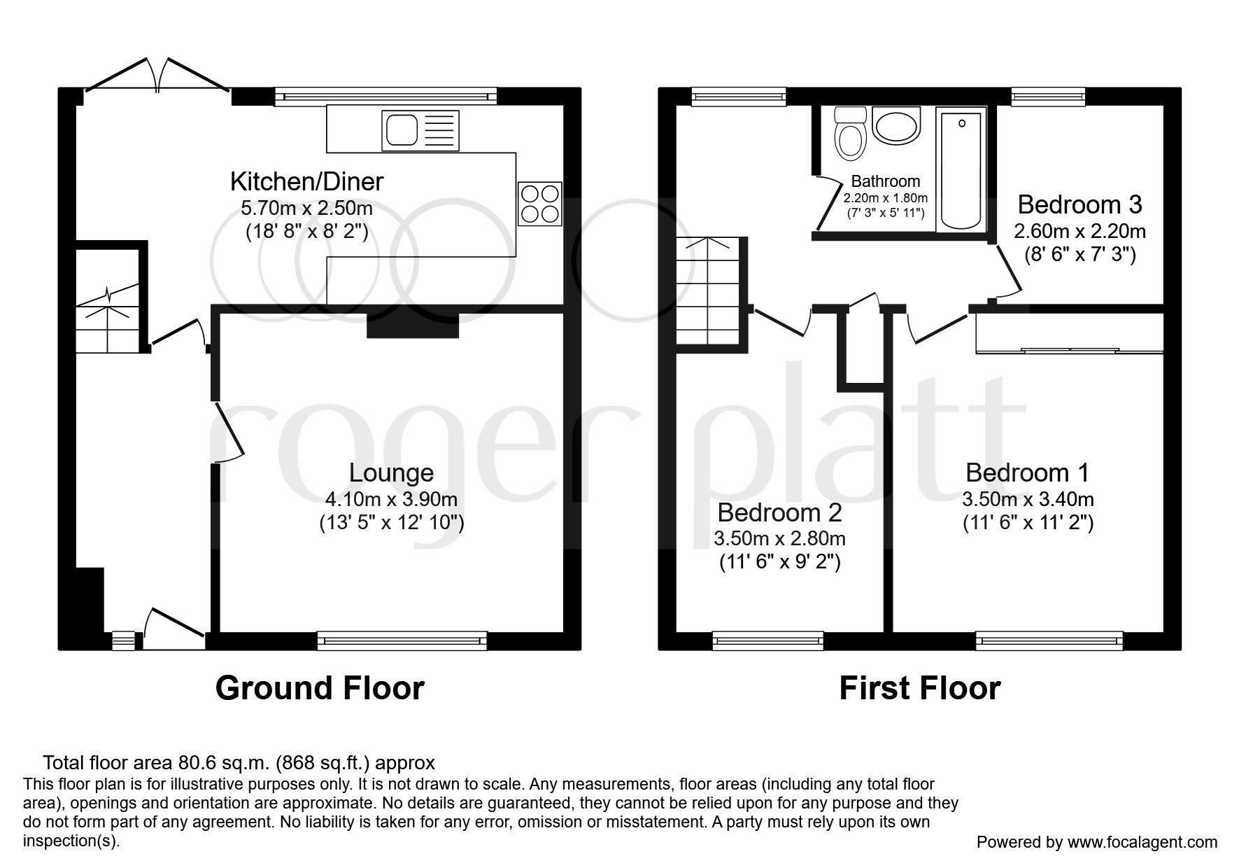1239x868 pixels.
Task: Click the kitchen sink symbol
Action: click(420, 130)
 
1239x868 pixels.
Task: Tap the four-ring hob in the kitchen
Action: click(539, 203)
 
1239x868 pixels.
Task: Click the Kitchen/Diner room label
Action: click(306, 182)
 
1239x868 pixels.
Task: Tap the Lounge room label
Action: click(391, 473)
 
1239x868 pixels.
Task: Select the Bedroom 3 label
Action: click(1079, 205)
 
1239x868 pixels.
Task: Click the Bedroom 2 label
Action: click(779, 513)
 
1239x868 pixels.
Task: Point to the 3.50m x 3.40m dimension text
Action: click(1028, 499)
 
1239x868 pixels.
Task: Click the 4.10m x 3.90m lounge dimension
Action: click(391, 499)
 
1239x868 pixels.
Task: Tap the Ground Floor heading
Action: click(320, 688)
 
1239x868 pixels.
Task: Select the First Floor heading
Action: click(919, 688)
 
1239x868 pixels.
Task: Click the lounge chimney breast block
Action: click(412, 325)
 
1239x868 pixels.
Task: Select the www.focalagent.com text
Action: click(1142, 842)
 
